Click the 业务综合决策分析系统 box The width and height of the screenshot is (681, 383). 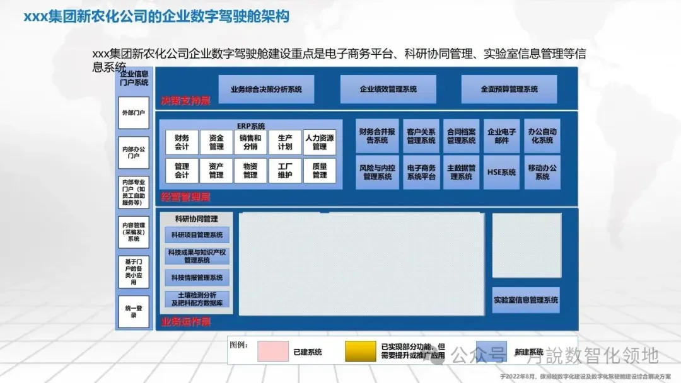tap(265, 89)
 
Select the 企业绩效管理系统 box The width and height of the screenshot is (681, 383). tap(388, 89)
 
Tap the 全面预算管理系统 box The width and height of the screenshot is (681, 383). tap(509, 89)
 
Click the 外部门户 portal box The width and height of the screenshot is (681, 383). tap(134, 113)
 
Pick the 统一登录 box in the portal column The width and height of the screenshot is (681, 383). tap(134, 311)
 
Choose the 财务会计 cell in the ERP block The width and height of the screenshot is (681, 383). tap(182, 142)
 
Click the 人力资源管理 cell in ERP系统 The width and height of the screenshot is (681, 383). tap(319, 142)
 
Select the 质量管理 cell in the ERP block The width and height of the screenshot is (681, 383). tap(319, 171)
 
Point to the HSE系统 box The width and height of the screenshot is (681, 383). tap(501, 172)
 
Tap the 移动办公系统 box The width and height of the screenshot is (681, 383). tap(542, 172)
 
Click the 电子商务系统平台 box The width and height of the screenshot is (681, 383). tap(421, 172)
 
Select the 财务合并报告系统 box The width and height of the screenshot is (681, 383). tap(377, 136)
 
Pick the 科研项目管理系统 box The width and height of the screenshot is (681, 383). tap(197, 235)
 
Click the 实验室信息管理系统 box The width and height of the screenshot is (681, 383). tap(526, 300)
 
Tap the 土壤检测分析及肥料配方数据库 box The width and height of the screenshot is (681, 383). tap(197, 299)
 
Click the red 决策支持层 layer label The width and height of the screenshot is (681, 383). tap(185, 101)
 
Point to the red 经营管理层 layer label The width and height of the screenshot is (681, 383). tap(185, 197)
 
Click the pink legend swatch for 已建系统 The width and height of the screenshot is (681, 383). tap(273, 352)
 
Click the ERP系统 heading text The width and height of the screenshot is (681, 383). tap(251, 126)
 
